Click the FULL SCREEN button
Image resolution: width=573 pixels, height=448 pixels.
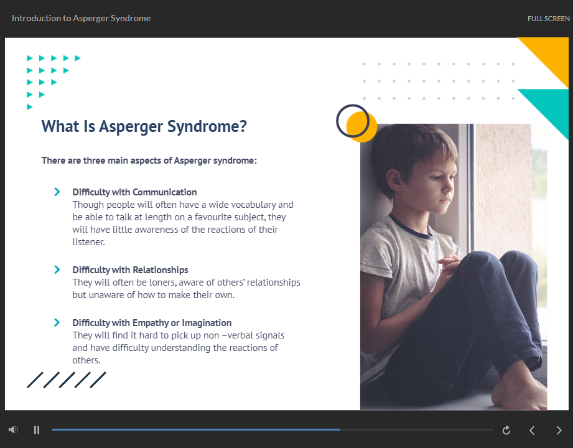548,19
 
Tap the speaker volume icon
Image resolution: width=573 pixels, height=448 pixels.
14,430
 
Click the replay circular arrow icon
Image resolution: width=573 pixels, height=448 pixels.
506,430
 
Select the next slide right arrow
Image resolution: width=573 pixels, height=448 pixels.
559,430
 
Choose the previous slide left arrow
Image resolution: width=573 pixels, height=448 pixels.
532,430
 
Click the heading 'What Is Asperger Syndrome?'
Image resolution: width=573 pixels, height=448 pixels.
144,127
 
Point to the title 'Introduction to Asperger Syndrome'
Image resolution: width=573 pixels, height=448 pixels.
81,18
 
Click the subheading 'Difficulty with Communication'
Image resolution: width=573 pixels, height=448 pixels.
134,192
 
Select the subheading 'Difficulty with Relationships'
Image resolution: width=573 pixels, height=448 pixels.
130,270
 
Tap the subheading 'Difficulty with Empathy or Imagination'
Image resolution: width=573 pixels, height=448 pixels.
152,323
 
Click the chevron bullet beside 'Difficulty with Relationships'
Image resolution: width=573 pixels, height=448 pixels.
57,269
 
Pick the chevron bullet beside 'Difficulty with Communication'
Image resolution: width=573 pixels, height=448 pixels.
57,192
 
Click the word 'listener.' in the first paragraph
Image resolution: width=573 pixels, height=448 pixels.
88,242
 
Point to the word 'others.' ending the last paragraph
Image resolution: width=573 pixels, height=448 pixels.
86,360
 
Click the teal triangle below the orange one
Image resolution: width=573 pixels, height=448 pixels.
552,106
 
